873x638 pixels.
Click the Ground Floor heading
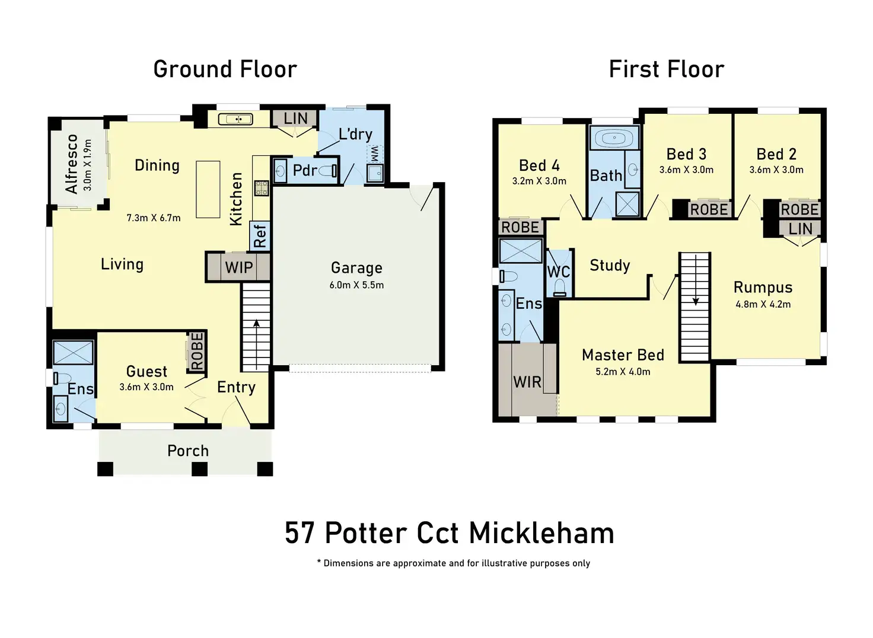pos(225,69)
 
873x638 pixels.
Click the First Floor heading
pos(666,69)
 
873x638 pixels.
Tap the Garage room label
pos(356,268)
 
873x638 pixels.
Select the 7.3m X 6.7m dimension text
pos(153,218)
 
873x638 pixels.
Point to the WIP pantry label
pos(239,267)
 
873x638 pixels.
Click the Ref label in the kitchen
pos(260,235)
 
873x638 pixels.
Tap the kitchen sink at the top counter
pos(235,119)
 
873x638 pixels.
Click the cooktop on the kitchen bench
pos(262,189)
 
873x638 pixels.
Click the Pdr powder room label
pos(305,171)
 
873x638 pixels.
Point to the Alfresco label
pos(72,164)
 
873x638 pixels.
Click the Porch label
pos(188,451)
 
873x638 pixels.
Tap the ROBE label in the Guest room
pos(197,351)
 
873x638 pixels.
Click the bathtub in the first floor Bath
pos(614,139)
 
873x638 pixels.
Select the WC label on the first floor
pos(558,272)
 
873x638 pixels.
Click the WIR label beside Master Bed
pos(527,382)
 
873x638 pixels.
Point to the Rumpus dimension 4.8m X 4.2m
pos(763,304)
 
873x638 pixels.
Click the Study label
pos(610,265)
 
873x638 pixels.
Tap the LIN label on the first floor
pos(800,228)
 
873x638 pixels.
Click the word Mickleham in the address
pos(541,532)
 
